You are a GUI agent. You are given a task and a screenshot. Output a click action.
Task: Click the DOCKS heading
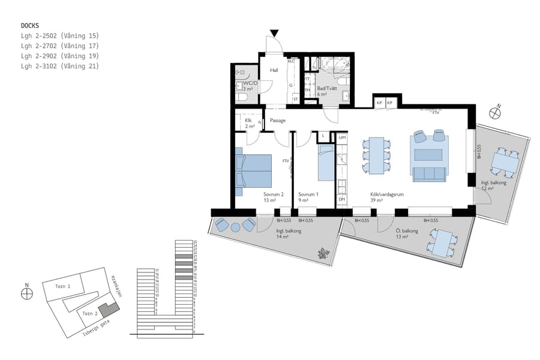[x=30, y=26]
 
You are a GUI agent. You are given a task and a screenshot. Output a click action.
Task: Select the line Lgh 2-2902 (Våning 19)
[x=59, y=56]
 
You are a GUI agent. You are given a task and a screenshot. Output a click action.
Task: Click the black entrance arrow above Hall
[x=274, y=33]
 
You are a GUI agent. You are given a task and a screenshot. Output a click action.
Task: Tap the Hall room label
[x=274, y=70]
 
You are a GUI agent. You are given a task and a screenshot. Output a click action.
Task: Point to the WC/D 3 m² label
[x=250, y=86]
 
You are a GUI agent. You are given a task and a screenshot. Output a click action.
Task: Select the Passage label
[x=277, y=121]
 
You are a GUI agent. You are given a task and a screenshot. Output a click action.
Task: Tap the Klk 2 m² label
[x=250, y=124]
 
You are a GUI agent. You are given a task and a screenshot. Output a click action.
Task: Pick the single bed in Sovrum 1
[x=325, y=164]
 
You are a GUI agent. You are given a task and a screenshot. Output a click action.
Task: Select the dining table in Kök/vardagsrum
[x=376, y=155]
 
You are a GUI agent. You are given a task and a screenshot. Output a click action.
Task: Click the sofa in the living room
[x=429, y=174]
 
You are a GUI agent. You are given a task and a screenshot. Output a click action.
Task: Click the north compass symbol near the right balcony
[x=496, y=112]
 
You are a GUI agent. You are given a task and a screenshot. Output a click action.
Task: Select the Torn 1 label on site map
[x=63, y=287]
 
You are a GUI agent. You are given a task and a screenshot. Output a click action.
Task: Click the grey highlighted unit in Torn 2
[x=109, y=310]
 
